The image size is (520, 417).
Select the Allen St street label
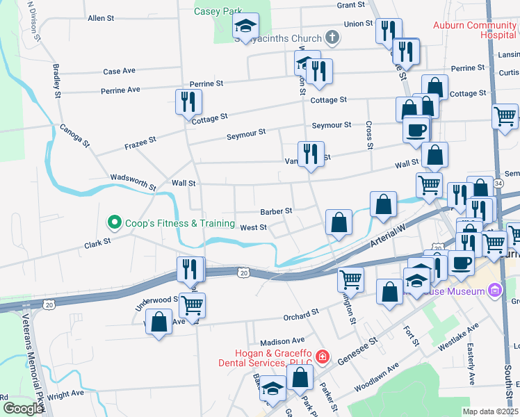click(101, 18)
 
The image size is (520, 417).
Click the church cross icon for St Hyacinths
click(332, 38)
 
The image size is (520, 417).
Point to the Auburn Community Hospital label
click(474, 29)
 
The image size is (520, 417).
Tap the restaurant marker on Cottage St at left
click(188, 103)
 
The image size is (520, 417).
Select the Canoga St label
click(75, 136)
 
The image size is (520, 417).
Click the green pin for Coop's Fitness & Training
click(113, 223)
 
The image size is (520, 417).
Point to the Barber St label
click(276, 211)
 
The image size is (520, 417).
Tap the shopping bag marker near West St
click(339, 224)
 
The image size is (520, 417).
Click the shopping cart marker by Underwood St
click(193, 304)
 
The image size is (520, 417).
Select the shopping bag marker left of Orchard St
click(159, 322)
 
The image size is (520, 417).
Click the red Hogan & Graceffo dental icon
click(322, 357)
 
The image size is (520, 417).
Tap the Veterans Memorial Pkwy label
click(35, 361)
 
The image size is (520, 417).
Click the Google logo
click(23, 408)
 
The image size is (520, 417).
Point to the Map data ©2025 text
click(490, 411)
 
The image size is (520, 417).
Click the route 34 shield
click(499, 183)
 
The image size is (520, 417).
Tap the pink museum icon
click(494, 290)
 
